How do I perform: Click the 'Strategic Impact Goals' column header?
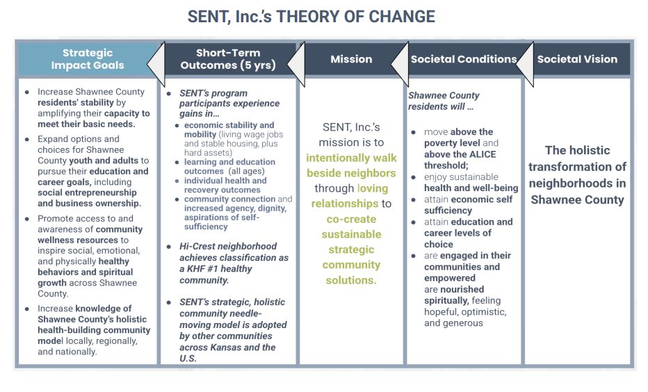(x=88, y=59)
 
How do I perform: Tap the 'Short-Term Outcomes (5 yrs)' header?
(x=228, y=59)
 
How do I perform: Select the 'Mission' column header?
(x=351, y=59)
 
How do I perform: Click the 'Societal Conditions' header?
(x=464, y=59)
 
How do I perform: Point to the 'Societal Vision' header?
(x=577, y=59)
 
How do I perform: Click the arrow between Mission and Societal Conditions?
(x=400, y=64)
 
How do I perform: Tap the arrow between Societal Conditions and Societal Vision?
(x=525, y=64)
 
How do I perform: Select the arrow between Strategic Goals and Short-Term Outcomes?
(x=156, y=64)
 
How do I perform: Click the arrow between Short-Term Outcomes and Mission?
(x=296, y=64)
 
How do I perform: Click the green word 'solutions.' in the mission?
(x=351, y=280)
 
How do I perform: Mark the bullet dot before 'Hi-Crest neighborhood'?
(x=169, y=247)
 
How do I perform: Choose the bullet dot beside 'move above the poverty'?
(x=413, y=132)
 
